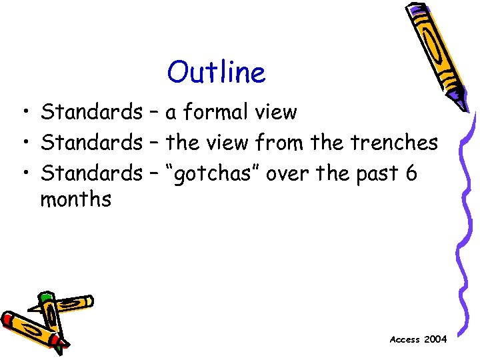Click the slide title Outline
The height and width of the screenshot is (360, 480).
click(216, 72)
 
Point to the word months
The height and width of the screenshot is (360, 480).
click(75, 199)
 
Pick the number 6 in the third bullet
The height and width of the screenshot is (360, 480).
click(410, 173)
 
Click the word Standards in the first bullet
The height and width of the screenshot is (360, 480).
click(91, 112)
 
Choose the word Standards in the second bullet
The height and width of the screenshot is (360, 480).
click(91, 143)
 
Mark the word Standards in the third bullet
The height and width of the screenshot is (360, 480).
click(91, 173)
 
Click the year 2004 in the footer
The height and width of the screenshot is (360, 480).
click(436, 339)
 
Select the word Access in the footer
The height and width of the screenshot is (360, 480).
click(405, 339)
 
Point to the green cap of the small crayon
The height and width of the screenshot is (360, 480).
click(46, 297)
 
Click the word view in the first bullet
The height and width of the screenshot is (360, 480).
click(279, 112)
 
